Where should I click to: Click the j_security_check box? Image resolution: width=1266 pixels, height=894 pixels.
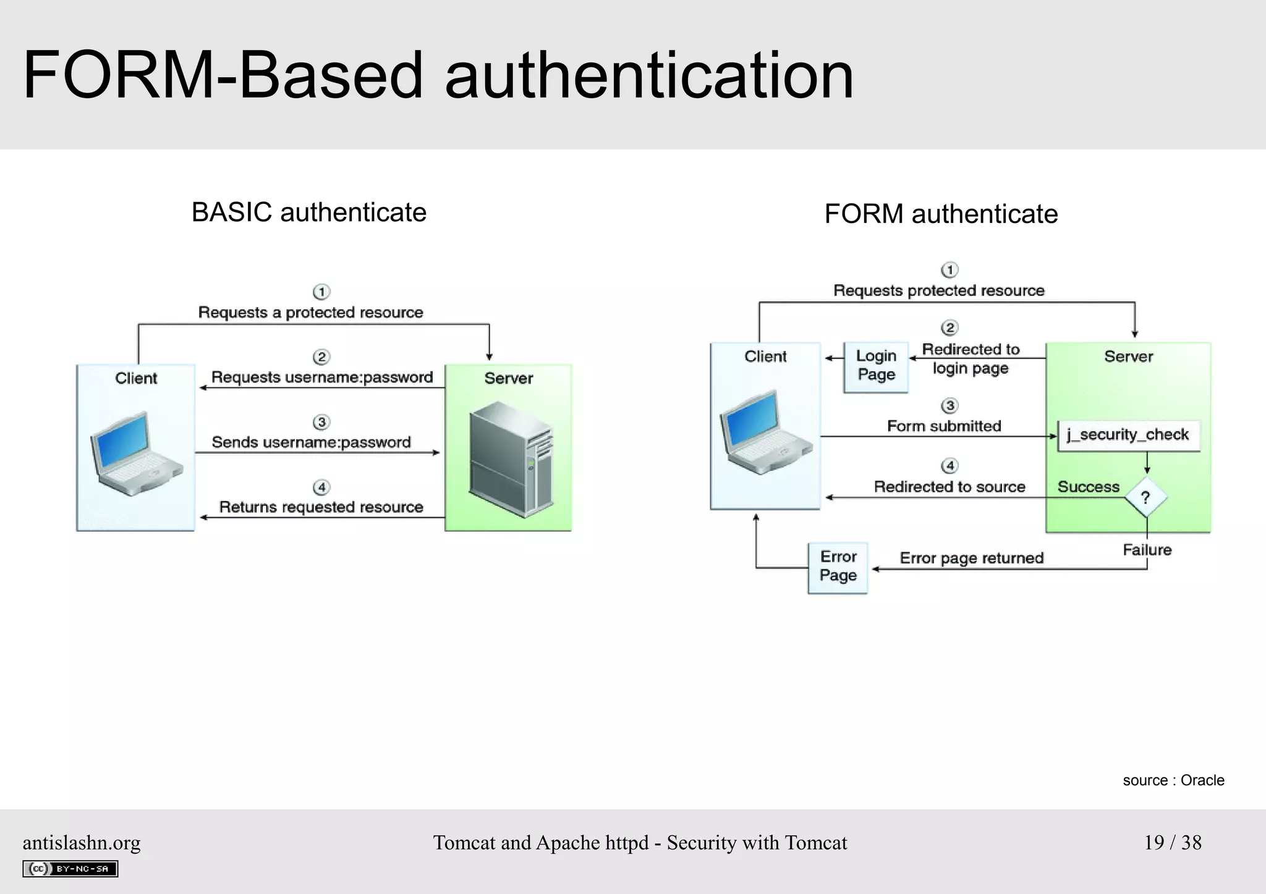pyautogui.click(x=1128, y=435)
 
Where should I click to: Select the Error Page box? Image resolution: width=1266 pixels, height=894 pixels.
pyautogui.click(x=838, y=567)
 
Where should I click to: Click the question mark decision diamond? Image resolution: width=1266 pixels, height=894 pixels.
pyautogui.click(x=1145, y=497)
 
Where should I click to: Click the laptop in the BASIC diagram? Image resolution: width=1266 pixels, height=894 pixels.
pyautogui.click(x=135, y=454)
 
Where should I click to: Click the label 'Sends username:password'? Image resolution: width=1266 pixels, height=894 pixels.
pyautogui.click(x=311, y=442)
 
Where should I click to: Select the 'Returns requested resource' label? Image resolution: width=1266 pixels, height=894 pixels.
pyautogui.click(x=321, y=507)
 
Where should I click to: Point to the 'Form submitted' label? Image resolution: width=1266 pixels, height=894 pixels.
pyautogui.click(x=944, y=426)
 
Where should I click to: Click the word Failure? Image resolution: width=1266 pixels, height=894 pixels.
pyautogui.click(x=1147, y=550)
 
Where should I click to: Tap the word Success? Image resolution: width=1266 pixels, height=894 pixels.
pyautogui.click(x=1088, y=487)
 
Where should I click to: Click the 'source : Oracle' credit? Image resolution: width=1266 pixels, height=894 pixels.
pyautogui.click(x=1173, y=780)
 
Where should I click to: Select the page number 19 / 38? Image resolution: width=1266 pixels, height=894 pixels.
pyautogui.click(x=1172, y=843)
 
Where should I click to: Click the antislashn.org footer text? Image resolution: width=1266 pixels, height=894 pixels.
pyautogui.click(x=82, y=843)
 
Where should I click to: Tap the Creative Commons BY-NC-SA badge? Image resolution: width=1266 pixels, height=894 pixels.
pyautogui.click(x=70, y=869)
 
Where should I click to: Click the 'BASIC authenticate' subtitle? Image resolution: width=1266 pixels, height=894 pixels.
pyautogui.click(x=309, y=213)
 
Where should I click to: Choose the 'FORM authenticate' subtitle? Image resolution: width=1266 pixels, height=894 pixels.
pyautogui.click(x=941, y=214)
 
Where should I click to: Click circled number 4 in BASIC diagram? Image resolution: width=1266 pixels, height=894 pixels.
pyautogui.click(x=321, y=487)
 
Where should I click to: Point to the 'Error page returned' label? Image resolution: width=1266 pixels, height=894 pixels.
pyautogui.click(x=971, y=559)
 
